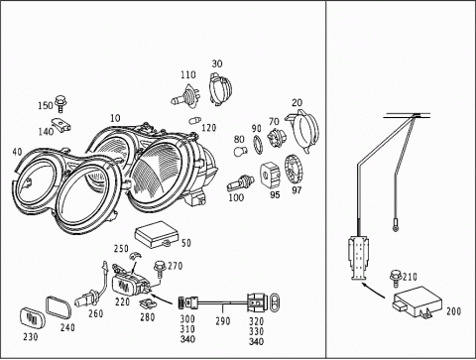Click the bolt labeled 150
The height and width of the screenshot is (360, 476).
tap(60, 103)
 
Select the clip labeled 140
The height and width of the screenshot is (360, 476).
tap(61, 125)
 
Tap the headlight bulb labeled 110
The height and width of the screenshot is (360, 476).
tap(185, 96)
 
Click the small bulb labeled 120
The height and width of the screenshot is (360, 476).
tap(194, 120)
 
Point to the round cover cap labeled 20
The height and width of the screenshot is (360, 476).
tap(302, 131)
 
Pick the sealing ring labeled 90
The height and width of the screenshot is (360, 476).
tap(258, 144)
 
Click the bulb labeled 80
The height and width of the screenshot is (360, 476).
tap(240, 151)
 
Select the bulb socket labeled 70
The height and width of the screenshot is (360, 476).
tap(275, 136)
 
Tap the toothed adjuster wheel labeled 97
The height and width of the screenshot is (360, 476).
tap(294, 171)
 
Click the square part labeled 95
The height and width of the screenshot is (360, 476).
tap(271, 175)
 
